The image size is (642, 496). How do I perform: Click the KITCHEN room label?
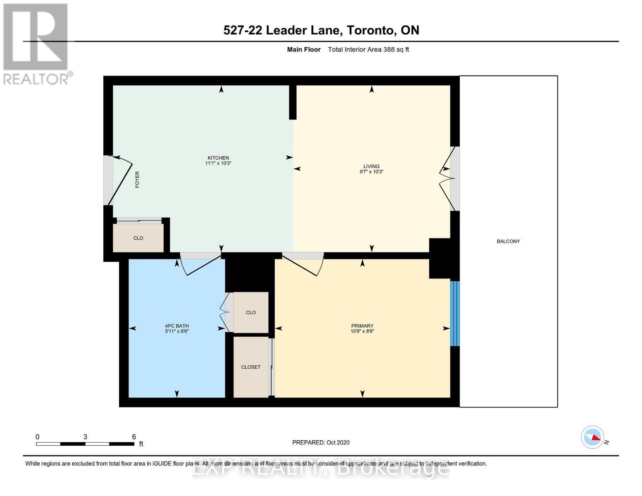click(218, 157)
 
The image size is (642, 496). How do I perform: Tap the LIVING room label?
click(371, 166)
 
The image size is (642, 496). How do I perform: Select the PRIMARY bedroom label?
click(362, 326)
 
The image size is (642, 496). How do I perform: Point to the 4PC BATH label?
click(177, 326)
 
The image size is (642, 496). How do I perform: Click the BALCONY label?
click(508, 241)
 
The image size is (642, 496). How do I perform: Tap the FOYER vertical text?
click(137, 180)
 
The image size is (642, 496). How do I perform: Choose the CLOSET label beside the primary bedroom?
click(251, 367)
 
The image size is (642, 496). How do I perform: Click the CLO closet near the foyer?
click(138, 238)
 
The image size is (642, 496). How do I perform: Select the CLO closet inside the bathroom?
click(251, 312)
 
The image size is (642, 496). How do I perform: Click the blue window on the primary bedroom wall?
click(455, 313)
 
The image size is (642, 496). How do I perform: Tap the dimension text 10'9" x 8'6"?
click(362, 331)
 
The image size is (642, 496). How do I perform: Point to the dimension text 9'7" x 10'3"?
click(371, 172)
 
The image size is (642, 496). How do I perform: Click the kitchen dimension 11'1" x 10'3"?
click(218, 163)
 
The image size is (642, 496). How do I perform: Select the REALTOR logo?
click(36, 43)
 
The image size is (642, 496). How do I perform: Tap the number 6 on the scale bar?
click(134, 436)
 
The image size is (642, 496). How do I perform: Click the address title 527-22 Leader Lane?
click(321, 30)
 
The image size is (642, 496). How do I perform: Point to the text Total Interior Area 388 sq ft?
click(368, 50)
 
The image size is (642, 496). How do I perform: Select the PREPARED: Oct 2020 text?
click(321, 442)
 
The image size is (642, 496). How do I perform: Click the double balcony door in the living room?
click(449, 179)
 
